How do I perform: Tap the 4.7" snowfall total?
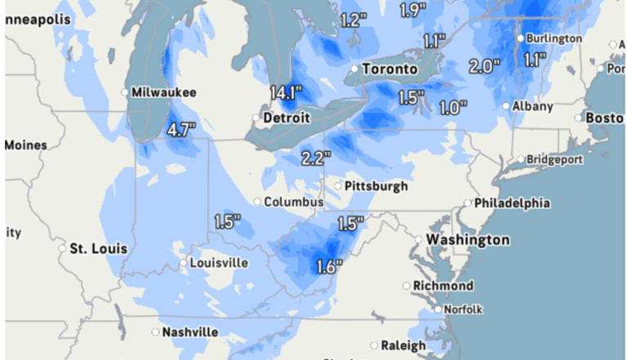[181, 129]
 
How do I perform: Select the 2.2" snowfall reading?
[315, 158]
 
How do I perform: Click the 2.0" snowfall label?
[484, 67]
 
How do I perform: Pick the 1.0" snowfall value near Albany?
[452, 107]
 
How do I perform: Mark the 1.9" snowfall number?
[414, 11]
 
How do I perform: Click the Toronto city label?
[389, 69]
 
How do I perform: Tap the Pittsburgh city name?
[376, 186]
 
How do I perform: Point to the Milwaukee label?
[163, 93]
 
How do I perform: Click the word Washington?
[468, 240]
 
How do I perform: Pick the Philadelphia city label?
[512, 202]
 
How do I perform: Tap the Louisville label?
[219, 263]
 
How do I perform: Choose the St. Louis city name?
[98, 247]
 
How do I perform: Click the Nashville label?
[190, 332]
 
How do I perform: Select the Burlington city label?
[554, 38]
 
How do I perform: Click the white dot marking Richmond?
[407, 286]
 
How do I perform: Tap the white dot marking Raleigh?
[375, 345]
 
